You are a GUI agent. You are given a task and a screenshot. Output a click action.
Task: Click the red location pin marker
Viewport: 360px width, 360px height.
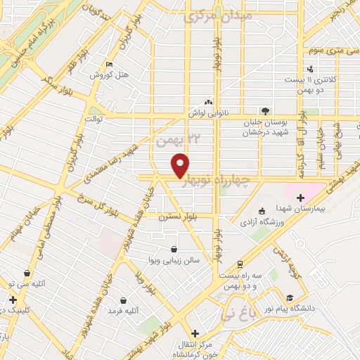coord(181,166)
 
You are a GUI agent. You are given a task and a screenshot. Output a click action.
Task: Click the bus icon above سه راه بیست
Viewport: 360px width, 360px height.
coord(240,264)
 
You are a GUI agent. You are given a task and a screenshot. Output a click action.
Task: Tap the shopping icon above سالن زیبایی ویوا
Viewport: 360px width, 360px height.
coord(174,248)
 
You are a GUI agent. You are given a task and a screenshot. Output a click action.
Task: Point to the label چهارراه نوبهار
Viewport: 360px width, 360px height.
coord(215,182)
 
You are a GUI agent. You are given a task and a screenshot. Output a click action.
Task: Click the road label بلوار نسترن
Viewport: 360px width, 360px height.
coord(176,217)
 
